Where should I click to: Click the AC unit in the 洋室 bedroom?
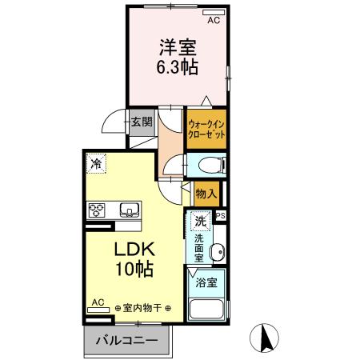pos(213,14)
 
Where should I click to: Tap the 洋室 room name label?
pos(177,47)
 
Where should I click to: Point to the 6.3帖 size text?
pos(177,67)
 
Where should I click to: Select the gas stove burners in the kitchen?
pos(98,210)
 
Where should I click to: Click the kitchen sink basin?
pos(129,210)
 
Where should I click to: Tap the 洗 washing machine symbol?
pos(201,220)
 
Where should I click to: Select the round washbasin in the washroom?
pos(215,254)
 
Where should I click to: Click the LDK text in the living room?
pos(136,249)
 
